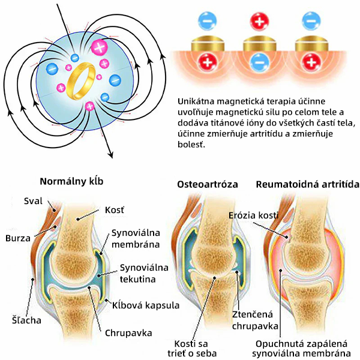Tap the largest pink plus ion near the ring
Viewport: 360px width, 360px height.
(99, 47)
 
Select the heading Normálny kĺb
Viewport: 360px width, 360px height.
(71, 181)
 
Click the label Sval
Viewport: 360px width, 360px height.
(33, 201)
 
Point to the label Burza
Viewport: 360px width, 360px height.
(18, 238)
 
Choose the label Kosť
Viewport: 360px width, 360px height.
(115, 210)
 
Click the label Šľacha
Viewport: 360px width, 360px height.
(26, 320)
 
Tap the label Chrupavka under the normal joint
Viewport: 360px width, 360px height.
(128, 333)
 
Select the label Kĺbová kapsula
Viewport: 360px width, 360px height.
(146, 305)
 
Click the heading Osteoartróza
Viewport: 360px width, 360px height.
(208, 185)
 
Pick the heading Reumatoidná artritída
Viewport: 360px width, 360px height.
(307, 185)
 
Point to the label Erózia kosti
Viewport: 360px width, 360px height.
(253, 215)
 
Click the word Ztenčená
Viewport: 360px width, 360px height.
(253, 314)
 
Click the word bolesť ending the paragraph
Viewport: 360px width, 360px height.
(191, 145)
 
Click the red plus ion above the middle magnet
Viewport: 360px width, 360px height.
(259, 22)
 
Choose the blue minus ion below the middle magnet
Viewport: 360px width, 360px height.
(259, 62)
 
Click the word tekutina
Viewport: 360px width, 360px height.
(138, 279)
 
